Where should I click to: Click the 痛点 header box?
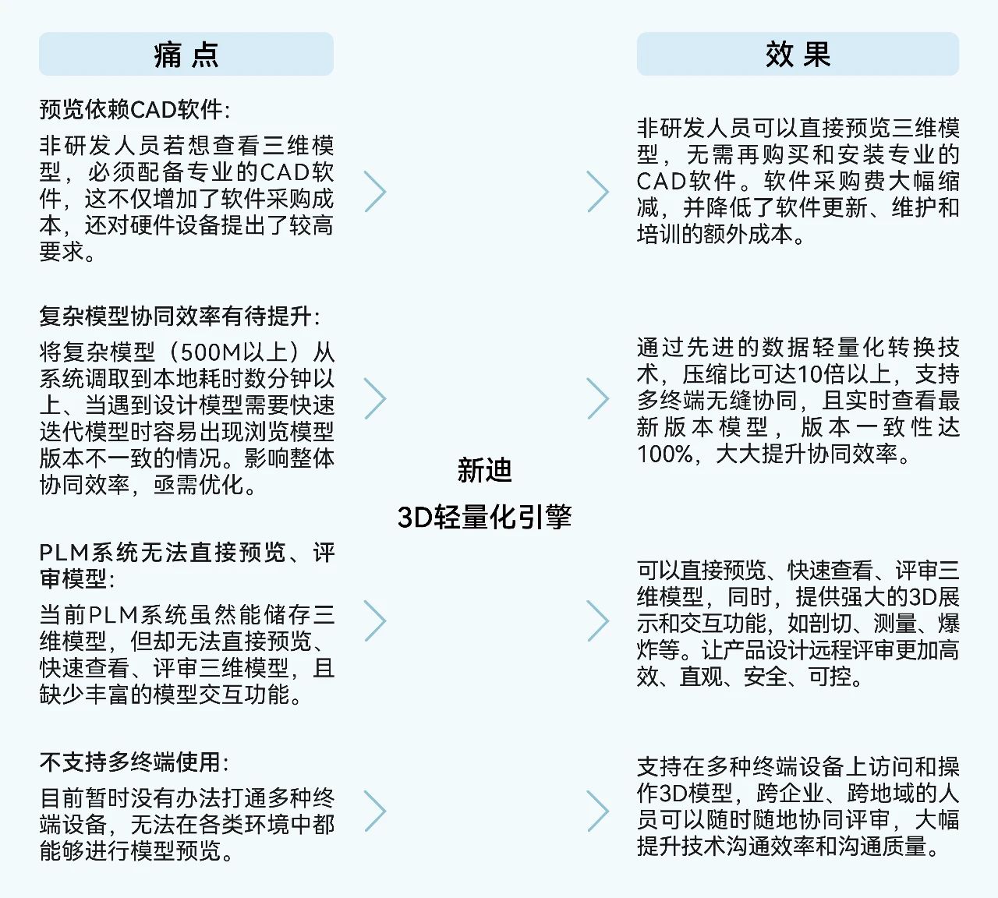point(186,55)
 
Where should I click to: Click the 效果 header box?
point(798,55)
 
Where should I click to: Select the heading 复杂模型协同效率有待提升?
point(179,316)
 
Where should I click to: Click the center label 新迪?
point(484,470)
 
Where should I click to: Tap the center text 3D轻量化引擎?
point(484,516)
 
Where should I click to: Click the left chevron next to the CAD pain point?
point(375,192)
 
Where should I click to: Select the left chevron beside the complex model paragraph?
point(375,399)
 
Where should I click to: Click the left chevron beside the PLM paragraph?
point(375,621)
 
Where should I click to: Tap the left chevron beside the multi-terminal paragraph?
point(375,811)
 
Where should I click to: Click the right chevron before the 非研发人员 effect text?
point(598,192)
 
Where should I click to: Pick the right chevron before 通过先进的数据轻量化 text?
point(598,399)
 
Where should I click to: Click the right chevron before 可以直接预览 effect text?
point(598,621)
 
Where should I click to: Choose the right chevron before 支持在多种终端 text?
point(598,811)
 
